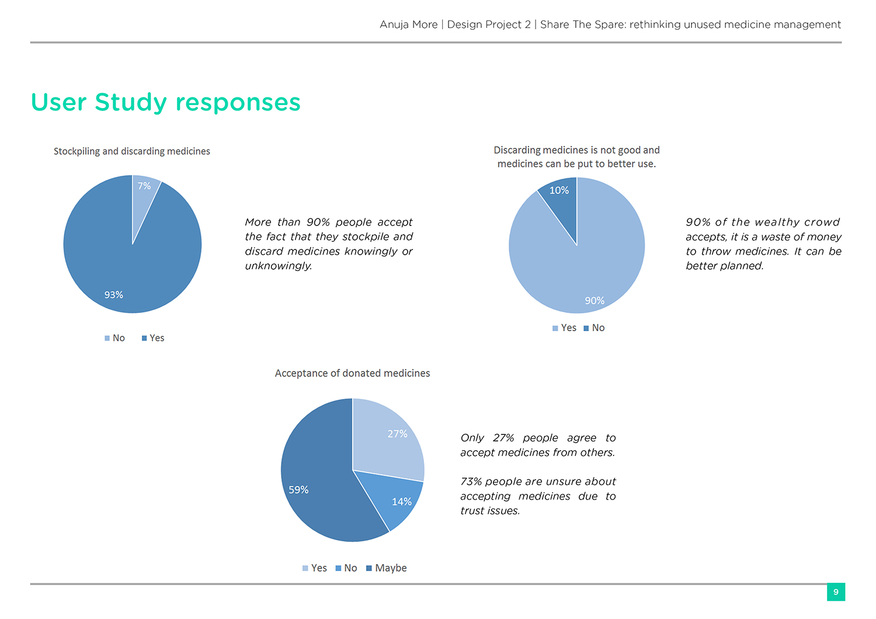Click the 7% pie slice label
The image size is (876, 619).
click(x=144, y=186)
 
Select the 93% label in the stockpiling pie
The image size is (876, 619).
click(x=114, y=295)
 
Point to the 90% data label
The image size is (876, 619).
click(x=595, y=301)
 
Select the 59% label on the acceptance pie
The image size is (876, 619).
click(x=298, y=490)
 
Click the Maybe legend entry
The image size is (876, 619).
click(x=387, y=568)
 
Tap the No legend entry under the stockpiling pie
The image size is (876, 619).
click(x=115, y=338)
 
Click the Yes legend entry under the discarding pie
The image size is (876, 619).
click(x=565, y=328)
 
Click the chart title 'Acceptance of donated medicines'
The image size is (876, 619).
click(x=352, y=373)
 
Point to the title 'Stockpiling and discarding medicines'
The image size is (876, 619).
click(x=132, y=151)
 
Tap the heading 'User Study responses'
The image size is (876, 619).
click(x=166, y=102)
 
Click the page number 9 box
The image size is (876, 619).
click(x=836, y=592)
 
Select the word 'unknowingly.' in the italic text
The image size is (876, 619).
click(x=279, y=266)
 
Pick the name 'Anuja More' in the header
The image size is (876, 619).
click(x=408, y=25)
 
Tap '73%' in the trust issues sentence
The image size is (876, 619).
click(x=471, y=482)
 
